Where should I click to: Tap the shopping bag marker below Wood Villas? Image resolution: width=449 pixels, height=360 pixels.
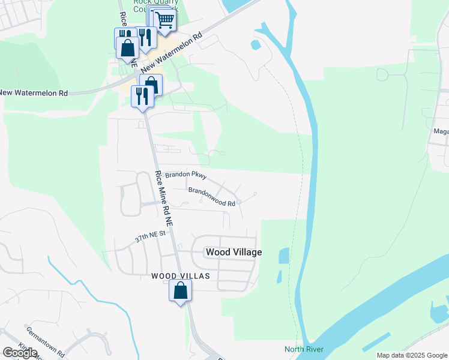click(x=181, y=292)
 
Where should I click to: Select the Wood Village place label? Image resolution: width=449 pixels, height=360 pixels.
click(x=234, y=252)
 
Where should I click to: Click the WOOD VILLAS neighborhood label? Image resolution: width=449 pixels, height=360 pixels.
click(x=180, y=276)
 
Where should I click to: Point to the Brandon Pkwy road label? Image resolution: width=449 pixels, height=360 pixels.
click(x=186, y=175)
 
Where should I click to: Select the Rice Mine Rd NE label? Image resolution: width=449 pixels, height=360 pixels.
click(x=163, y=198)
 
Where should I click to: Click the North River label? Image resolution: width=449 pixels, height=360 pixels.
click(x=304, y=349)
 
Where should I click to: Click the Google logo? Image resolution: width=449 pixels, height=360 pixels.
click(x=20, y=353)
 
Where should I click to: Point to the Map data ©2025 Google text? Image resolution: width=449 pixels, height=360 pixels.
click(x=411, y=355)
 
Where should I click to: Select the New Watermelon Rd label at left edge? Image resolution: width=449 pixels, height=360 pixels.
click(x=34, y=93)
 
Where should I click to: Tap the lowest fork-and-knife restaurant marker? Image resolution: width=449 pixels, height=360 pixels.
click(x=142, y=96)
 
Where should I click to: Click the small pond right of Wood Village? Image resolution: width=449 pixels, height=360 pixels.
click(x=283, y=256)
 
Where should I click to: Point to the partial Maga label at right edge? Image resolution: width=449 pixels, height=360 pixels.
click(x=441, y=131)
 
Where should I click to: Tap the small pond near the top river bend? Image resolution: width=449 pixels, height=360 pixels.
click(x=256, y=44)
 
